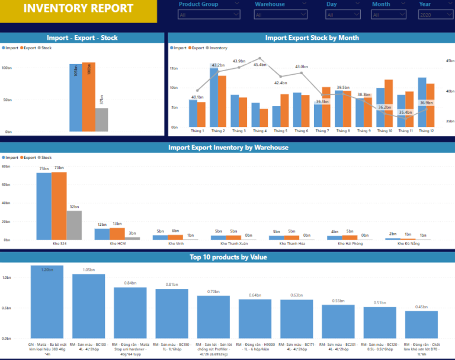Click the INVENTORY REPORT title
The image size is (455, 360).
pyautogui.click(x=78, y=8)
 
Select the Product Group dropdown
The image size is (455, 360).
pyautogui.click(x=209, y=14)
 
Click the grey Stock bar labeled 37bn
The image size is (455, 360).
pyautogui.click(x=102, y=119)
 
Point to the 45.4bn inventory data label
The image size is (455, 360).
pyautogui.click(x=259, y=65)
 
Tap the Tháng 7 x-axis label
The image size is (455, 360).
pyautogui.click(x=322, y=131)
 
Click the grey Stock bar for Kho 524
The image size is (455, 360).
pyautogui.click(x=74, y=225)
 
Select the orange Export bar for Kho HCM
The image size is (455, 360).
pyautogui.click(x=117, y=233)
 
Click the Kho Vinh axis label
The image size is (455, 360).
pyautogui.click(x=175, y=243)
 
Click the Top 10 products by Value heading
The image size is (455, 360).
pyautogui.click(x=227, y=257)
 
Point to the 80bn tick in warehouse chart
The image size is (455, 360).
pyautogui.click(x=5, y=167)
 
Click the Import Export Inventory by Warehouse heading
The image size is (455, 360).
pyautogui.click(x=227, y=147)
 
